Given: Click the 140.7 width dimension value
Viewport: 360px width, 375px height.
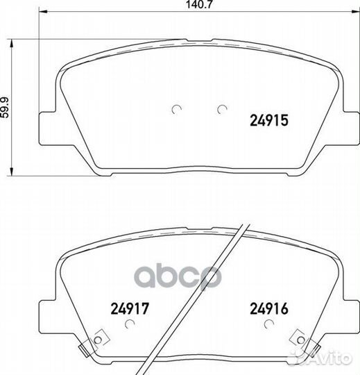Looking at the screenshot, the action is click(199, 4).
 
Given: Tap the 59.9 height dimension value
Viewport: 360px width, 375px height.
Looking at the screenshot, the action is click(5, 108).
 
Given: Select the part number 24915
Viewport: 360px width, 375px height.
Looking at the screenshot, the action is click(269, 120).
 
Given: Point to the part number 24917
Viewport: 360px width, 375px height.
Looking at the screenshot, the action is click(130, 308).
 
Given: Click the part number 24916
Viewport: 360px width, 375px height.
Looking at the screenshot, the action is click(269, 308).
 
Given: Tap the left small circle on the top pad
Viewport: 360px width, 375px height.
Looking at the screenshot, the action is click(177, 109).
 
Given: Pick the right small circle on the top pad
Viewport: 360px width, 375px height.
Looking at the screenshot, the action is click(222, 109).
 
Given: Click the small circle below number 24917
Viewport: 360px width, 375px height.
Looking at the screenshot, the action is click(130, 324).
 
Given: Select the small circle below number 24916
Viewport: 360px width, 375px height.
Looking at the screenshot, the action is click(269, 324).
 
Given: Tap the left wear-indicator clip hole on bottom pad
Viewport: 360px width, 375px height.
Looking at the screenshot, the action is click(98, 340).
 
